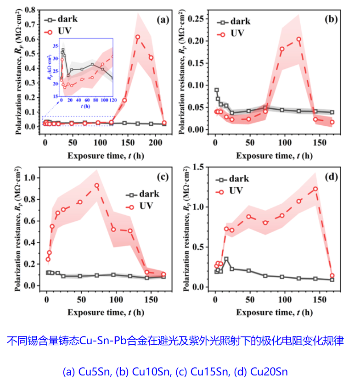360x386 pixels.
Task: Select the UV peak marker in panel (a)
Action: click(138, 37)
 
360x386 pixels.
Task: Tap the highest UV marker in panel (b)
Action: click(299, 39)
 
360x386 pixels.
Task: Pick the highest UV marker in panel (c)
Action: click(97, 186)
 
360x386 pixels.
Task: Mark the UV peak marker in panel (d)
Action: click(315, 189)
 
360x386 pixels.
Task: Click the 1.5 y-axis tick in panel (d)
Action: click(204, 166)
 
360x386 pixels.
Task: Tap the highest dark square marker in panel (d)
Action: click(226, 259)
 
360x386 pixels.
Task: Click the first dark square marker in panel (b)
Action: click(217, 90)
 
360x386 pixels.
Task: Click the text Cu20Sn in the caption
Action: click(269, 371)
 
